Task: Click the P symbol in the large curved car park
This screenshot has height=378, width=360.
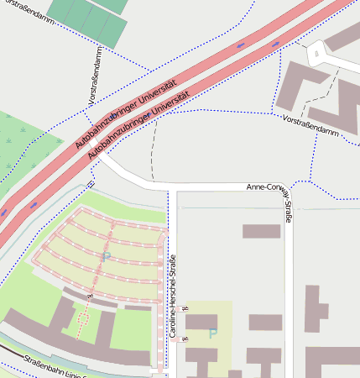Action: [106, 256]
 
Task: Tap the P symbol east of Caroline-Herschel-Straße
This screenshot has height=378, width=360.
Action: [212, 333]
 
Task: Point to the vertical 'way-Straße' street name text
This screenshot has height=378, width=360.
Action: [287, 206]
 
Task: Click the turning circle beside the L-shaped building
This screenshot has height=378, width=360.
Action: [316, 55]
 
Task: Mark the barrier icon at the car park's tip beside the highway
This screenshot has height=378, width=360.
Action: [91, 185]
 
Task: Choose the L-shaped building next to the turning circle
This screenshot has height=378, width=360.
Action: [299, 88]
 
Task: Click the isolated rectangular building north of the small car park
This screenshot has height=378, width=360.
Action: [261, 231]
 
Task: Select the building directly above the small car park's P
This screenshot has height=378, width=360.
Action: [201, 322]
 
